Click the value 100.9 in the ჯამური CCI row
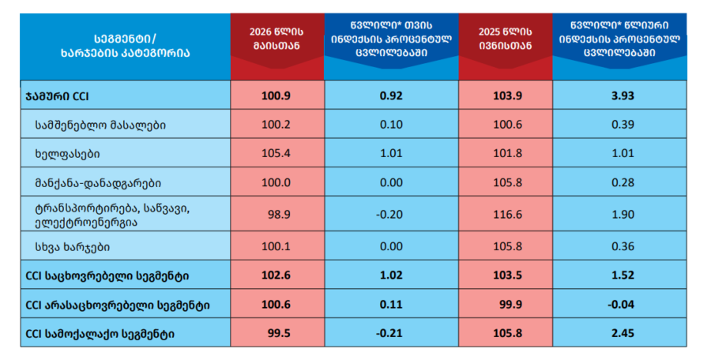click(x=276, y=96)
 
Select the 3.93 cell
click(x=623, y=96)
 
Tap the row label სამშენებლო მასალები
click(x=100, y=125)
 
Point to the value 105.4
click(x=276, y=153)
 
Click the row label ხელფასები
click(x=67, y=154)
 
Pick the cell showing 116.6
click(x=507, y=214)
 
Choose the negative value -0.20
click(x=389, y=214)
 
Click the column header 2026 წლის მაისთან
click(x=276, y=39)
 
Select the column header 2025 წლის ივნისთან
click(x=505, y=39)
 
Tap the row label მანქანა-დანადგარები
click(x=98, y=182)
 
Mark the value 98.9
click(x=279, y=214)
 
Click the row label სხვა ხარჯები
click(x=73, y=247)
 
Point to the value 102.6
click(x=276, y=276)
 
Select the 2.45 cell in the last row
click(x=623, y=333)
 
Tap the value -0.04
click(x=621, y=304)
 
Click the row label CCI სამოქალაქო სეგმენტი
click(x=100, y=334)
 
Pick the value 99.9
click(x=510, y=304)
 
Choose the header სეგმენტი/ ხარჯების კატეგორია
click(x=125, y=46)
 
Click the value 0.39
click(x=623, y=125)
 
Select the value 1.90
click(x=623, y=214)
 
